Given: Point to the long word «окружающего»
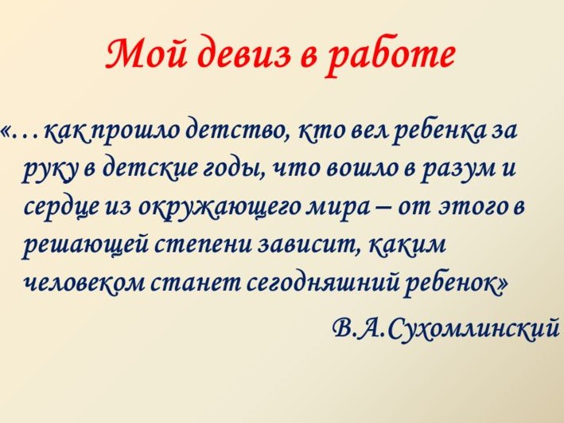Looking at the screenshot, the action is (x=220, y=208).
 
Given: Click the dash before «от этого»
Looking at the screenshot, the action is (x=383, y=209).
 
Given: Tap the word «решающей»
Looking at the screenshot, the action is (x=87, y=245).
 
